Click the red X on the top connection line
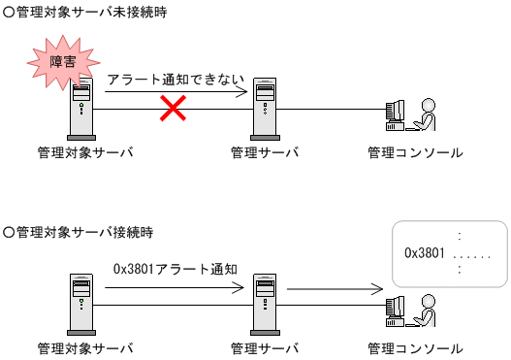coord(173,109)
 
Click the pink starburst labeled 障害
coord(58,59)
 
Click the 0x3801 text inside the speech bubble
coord(424,253)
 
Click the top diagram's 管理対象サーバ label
coord(84,152)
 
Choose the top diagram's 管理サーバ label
coord(265,152)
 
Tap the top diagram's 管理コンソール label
coord(415,152)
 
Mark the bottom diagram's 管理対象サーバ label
coord(84,347)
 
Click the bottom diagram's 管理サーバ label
coord(265,347)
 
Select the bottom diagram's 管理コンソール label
coord(415,347)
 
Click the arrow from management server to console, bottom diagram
coord(335,289)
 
